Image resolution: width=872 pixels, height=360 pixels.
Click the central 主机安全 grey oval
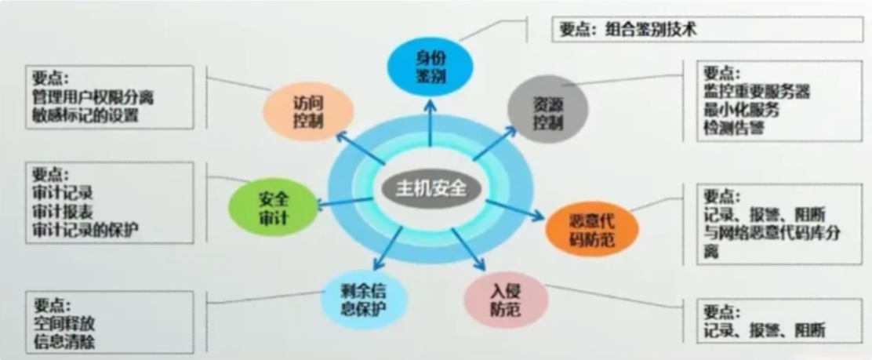pyautogui.click(x=431, y=188)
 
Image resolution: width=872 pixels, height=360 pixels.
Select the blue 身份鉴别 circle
pyautogui.click(x=431, y=66)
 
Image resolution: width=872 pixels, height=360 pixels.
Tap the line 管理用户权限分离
pyautogui.click(x=93, y=99)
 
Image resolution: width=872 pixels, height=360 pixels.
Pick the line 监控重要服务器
pyautogui.click(x=756, y=93)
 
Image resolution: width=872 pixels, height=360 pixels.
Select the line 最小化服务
pyautogui.click(x=741, y=110)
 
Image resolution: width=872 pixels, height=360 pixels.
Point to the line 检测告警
pyautogui.click(x=733, y=127)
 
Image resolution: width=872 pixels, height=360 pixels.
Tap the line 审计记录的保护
pyautogui.click(x=85, y=230)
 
